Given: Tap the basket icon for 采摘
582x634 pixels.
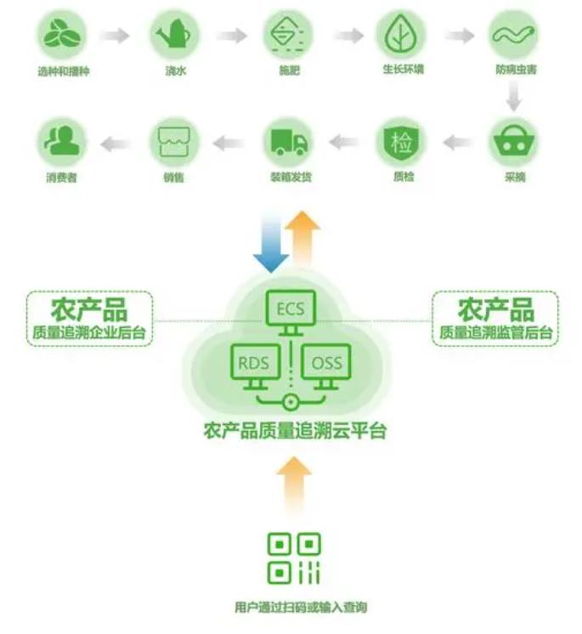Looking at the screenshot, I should point(514,142).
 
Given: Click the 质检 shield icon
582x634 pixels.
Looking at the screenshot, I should point(401,142).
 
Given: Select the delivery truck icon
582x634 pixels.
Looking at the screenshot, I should point(289,142).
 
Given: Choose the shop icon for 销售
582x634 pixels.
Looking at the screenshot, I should point(176,142).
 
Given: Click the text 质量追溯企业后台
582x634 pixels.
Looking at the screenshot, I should point(90,332).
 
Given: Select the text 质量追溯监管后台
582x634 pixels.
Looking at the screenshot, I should point(494,332).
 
